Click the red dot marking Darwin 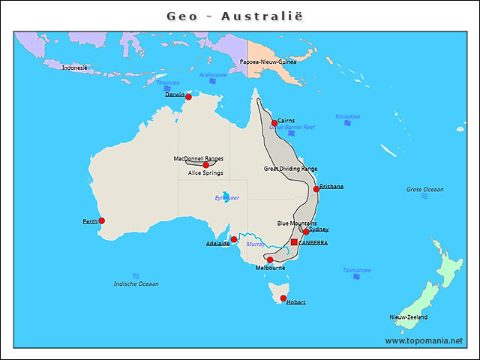pyautogui.click(x=188, y=97)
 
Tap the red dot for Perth pyautogui.click(x=102, y=220)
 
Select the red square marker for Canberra pyautogui.click(x=295, y=242)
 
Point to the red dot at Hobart pyautogui.click(x=283, y=298)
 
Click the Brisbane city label pyautogui.click(x=331, y=186)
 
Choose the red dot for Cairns pyautogui.click(x=274, y=123)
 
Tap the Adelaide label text pyautogui.click(x=217, y=243)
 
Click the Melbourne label pyautogui.click(x=270, y=268)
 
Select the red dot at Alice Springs pyautogui.click(x=205, y=165)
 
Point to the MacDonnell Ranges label pyautogui.click(x=198, y=158)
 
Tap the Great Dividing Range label pyautogui.click(x=290, y=169)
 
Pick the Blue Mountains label pyautogui.click(x=297, y=223)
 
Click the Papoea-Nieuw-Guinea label pyautogui.click(x=268, y=62)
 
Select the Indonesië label pyautogui.click(x=74, y=67)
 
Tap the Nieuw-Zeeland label pyautogui.click(x=408, y=317)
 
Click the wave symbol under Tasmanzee pyautogui.click(x=356, y=277)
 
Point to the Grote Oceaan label pyautogui.click(x=424, y=190)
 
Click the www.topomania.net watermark pyautogui.click(x=424, y=340)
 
